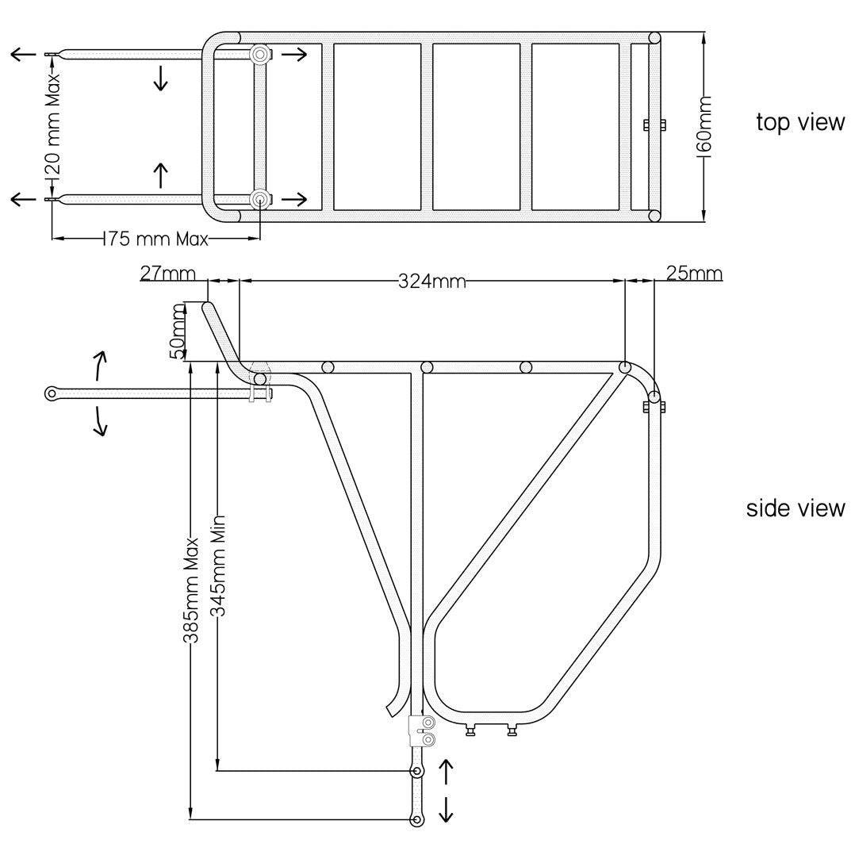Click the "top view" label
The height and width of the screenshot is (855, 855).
coord(799,123)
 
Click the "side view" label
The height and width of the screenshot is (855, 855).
coord(795,508)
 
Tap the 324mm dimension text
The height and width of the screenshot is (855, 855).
coord(431,282)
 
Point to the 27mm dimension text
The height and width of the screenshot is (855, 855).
coord(167,274)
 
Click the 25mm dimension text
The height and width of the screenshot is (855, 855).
coord(694,274)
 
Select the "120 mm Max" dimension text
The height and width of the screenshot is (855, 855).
coord(52,126)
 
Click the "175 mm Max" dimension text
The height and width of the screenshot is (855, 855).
coord(155,239)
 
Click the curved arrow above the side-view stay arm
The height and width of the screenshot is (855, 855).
coord(101,366)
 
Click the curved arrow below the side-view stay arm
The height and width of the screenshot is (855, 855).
coord(101,420)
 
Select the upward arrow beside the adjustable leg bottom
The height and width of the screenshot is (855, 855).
coord(446,770)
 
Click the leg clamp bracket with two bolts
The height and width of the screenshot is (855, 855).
coord(421,730)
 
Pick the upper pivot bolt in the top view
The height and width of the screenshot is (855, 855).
coord(259,54)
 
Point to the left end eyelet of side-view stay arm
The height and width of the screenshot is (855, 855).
coord(52,393)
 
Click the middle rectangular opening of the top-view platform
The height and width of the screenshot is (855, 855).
coord(476,126)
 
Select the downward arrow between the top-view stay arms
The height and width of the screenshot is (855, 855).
coord(161,78)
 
